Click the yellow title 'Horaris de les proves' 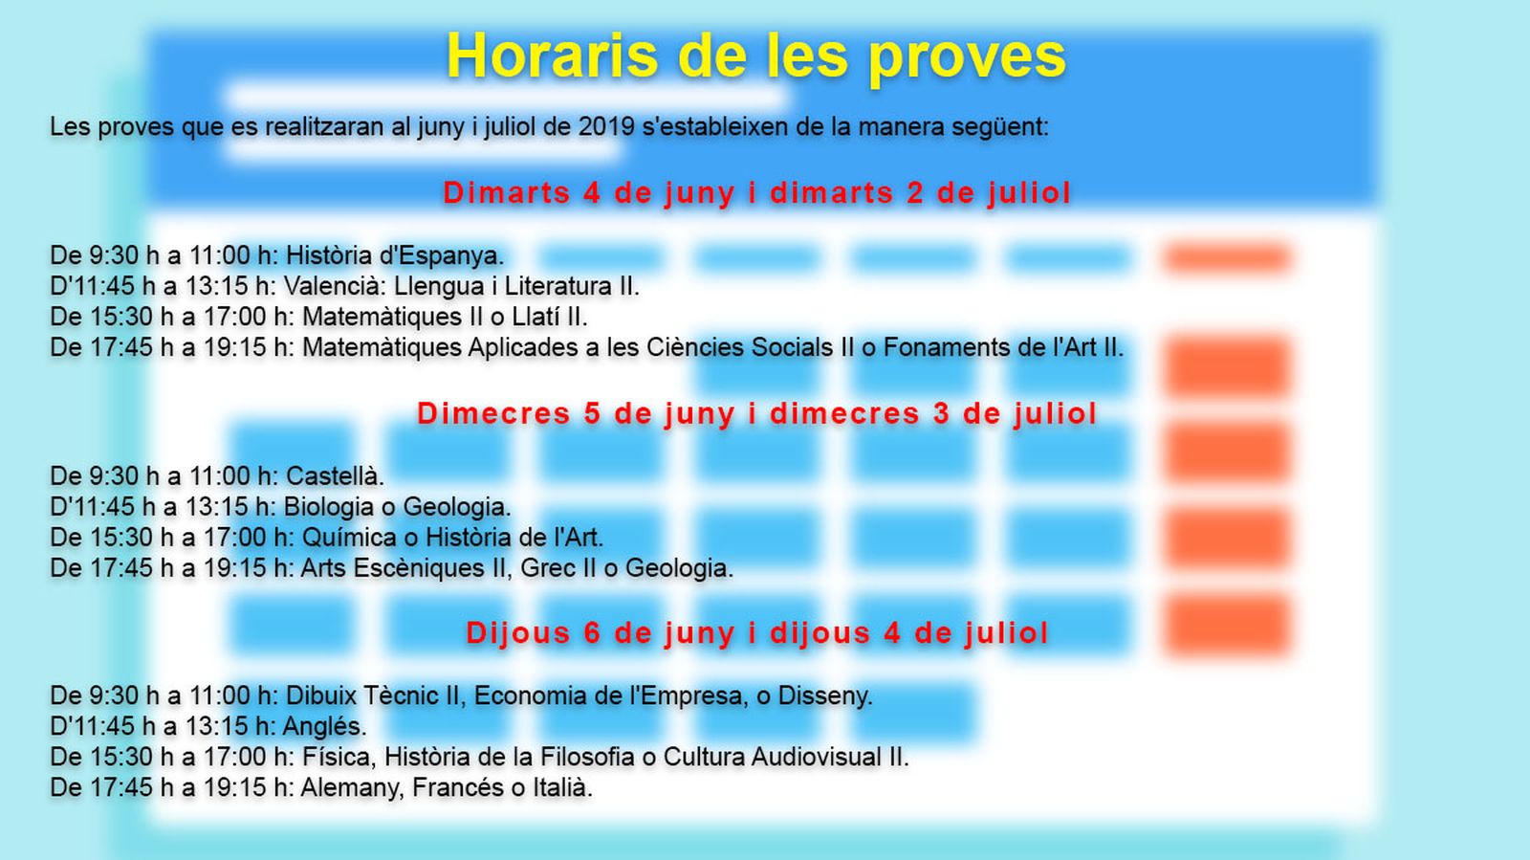click(756, 56)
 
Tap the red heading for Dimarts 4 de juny click(756, 193)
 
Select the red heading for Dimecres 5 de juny click(756, 414)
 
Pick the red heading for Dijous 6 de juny click(756, 633)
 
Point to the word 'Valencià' click(333, 286)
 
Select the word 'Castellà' click(333, 476)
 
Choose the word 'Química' click(350, 538)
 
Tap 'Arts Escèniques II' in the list click(403, 568)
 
